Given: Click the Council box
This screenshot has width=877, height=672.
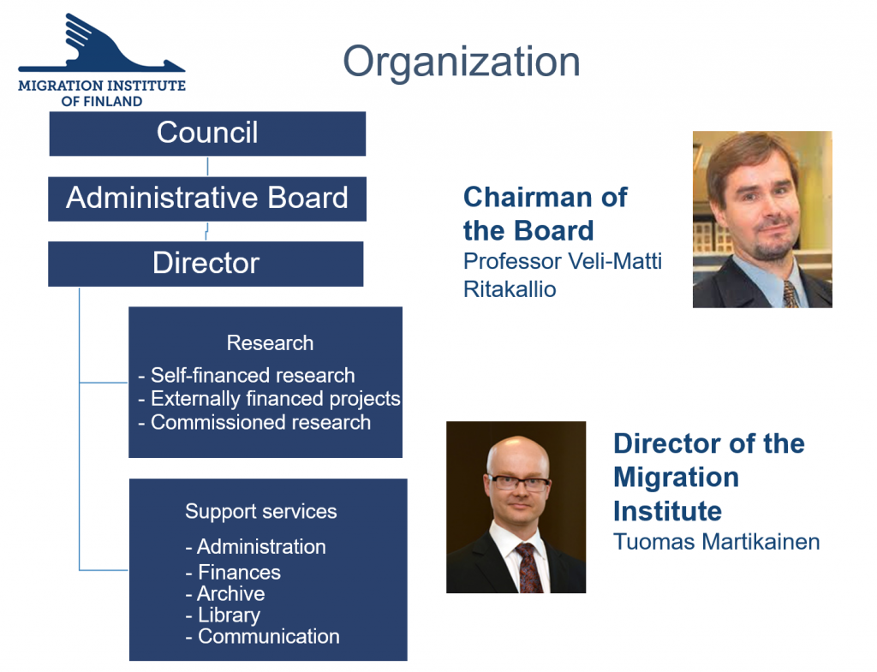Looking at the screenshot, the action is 207,134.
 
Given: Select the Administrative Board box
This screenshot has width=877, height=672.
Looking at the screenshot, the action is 207,199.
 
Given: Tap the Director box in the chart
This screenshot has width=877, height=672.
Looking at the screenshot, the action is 206,264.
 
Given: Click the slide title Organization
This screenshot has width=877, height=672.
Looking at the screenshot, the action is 462,62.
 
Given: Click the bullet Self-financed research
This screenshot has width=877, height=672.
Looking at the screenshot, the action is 246,375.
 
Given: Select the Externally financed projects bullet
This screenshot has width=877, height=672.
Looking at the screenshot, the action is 269,399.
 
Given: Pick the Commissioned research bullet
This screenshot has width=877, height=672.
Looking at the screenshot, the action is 254,423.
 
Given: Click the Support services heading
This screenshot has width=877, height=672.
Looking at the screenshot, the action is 261,512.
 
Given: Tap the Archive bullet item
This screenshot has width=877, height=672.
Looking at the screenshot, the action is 225,594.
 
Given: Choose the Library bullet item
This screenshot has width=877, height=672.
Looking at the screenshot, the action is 223,615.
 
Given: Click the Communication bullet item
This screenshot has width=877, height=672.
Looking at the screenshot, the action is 262,636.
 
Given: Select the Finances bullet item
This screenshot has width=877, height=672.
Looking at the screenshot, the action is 233,573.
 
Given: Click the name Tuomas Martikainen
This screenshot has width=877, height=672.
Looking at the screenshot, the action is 717,542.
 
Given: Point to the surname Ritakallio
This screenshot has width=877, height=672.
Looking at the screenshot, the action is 510,289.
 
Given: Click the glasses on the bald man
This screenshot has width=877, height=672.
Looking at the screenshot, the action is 518,483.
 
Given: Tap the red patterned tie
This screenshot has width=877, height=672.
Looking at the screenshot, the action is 528,568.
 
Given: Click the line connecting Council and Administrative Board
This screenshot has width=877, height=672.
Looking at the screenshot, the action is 207,167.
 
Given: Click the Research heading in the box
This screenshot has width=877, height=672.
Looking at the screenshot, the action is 270,342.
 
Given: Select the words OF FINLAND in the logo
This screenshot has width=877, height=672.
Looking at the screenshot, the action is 102,101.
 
